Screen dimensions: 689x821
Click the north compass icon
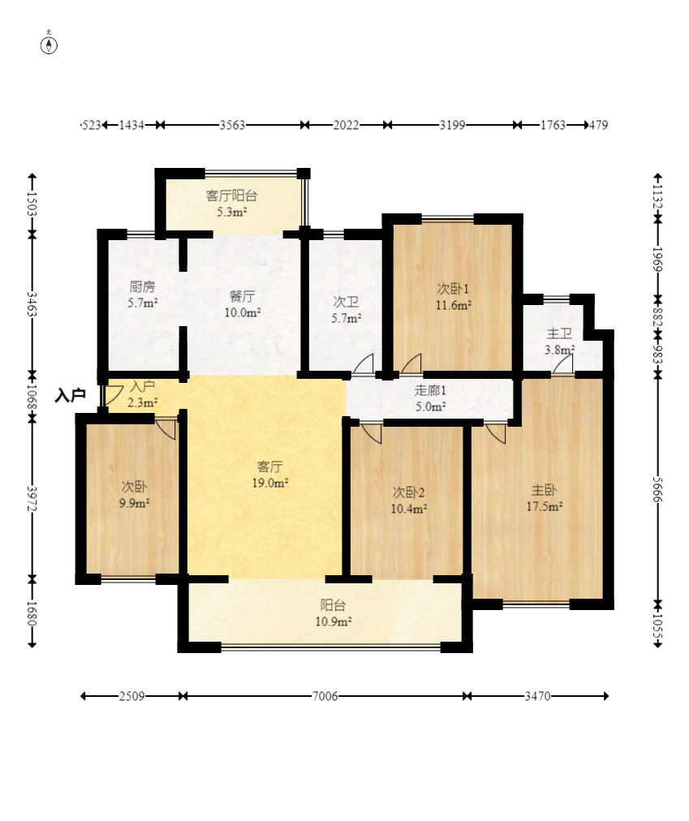tap(50, 45)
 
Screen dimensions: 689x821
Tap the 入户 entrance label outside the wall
tap(71, 395)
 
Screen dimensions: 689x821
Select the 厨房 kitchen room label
tap(142, 286)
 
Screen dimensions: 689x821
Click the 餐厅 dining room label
tap(242, 296)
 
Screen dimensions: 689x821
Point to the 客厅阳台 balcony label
tap(231, 196)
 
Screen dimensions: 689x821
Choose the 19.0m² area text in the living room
tap(269, 483)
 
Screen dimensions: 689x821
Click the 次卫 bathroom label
tap(346, 302)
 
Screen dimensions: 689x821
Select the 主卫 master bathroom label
tap(559, 333)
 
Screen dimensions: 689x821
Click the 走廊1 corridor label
tap(430, 390)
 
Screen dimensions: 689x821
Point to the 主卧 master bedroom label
tap(544, 490)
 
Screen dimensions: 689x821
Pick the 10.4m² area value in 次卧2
tap(409, 509)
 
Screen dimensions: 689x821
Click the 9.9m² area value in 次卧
tap(134, 503)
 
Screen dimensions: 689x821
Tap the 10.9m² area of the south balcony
tap(334, 621)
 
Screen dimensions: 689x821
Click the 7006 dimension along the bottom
tap(325, 696)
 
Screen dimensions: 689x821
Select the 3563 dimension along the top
tap(232, 125)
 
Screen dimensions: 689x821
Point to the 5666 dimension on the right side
tap(658, 489)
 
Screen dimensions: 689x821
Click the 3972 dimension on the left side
tap(32, 499)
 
